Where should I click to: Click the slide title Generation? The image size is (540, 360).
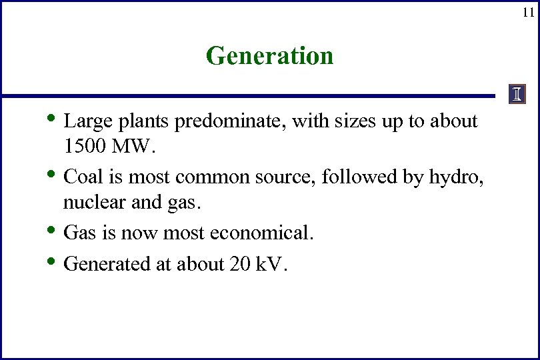click(269, 55)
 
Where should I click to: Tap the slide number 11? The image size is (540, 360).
click(527, 12)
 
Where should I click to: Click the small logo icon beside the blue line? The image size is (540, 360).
click(517, 95)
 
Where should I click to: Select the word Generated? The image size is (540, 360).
click(107, 264)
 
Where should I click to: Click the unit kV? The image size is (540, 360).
click(269, 264)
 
